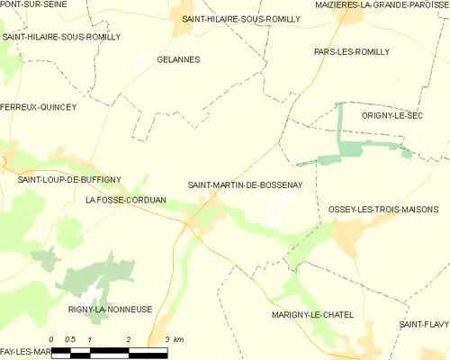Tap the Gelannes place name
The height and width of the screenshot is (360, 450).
click(x=177, y=59)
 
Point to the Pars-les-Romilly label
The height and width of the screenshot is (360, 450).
click(x=352, y=52)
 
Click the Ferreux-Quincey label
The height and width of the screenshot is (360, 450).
click(x=38, y=107)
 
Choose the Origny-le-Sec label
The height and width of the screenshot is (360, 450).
click(x=391, y=116)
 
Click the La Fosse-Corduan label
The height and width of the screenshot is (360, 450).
click(x=125, y=199)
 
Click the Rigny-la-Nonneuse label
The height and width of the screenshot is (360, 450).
click(x=110, y=310)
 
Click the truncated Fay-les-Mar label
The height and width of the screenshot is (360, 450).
click(x=24, y=350)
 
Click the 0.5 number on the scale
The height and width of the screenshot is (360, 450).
click(x=70, y=339)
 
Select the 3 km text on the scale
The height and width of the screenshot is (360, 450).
click(x=175, y=339)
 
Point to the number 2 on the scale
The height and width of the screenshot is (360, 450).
click(x=130, y=339)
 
